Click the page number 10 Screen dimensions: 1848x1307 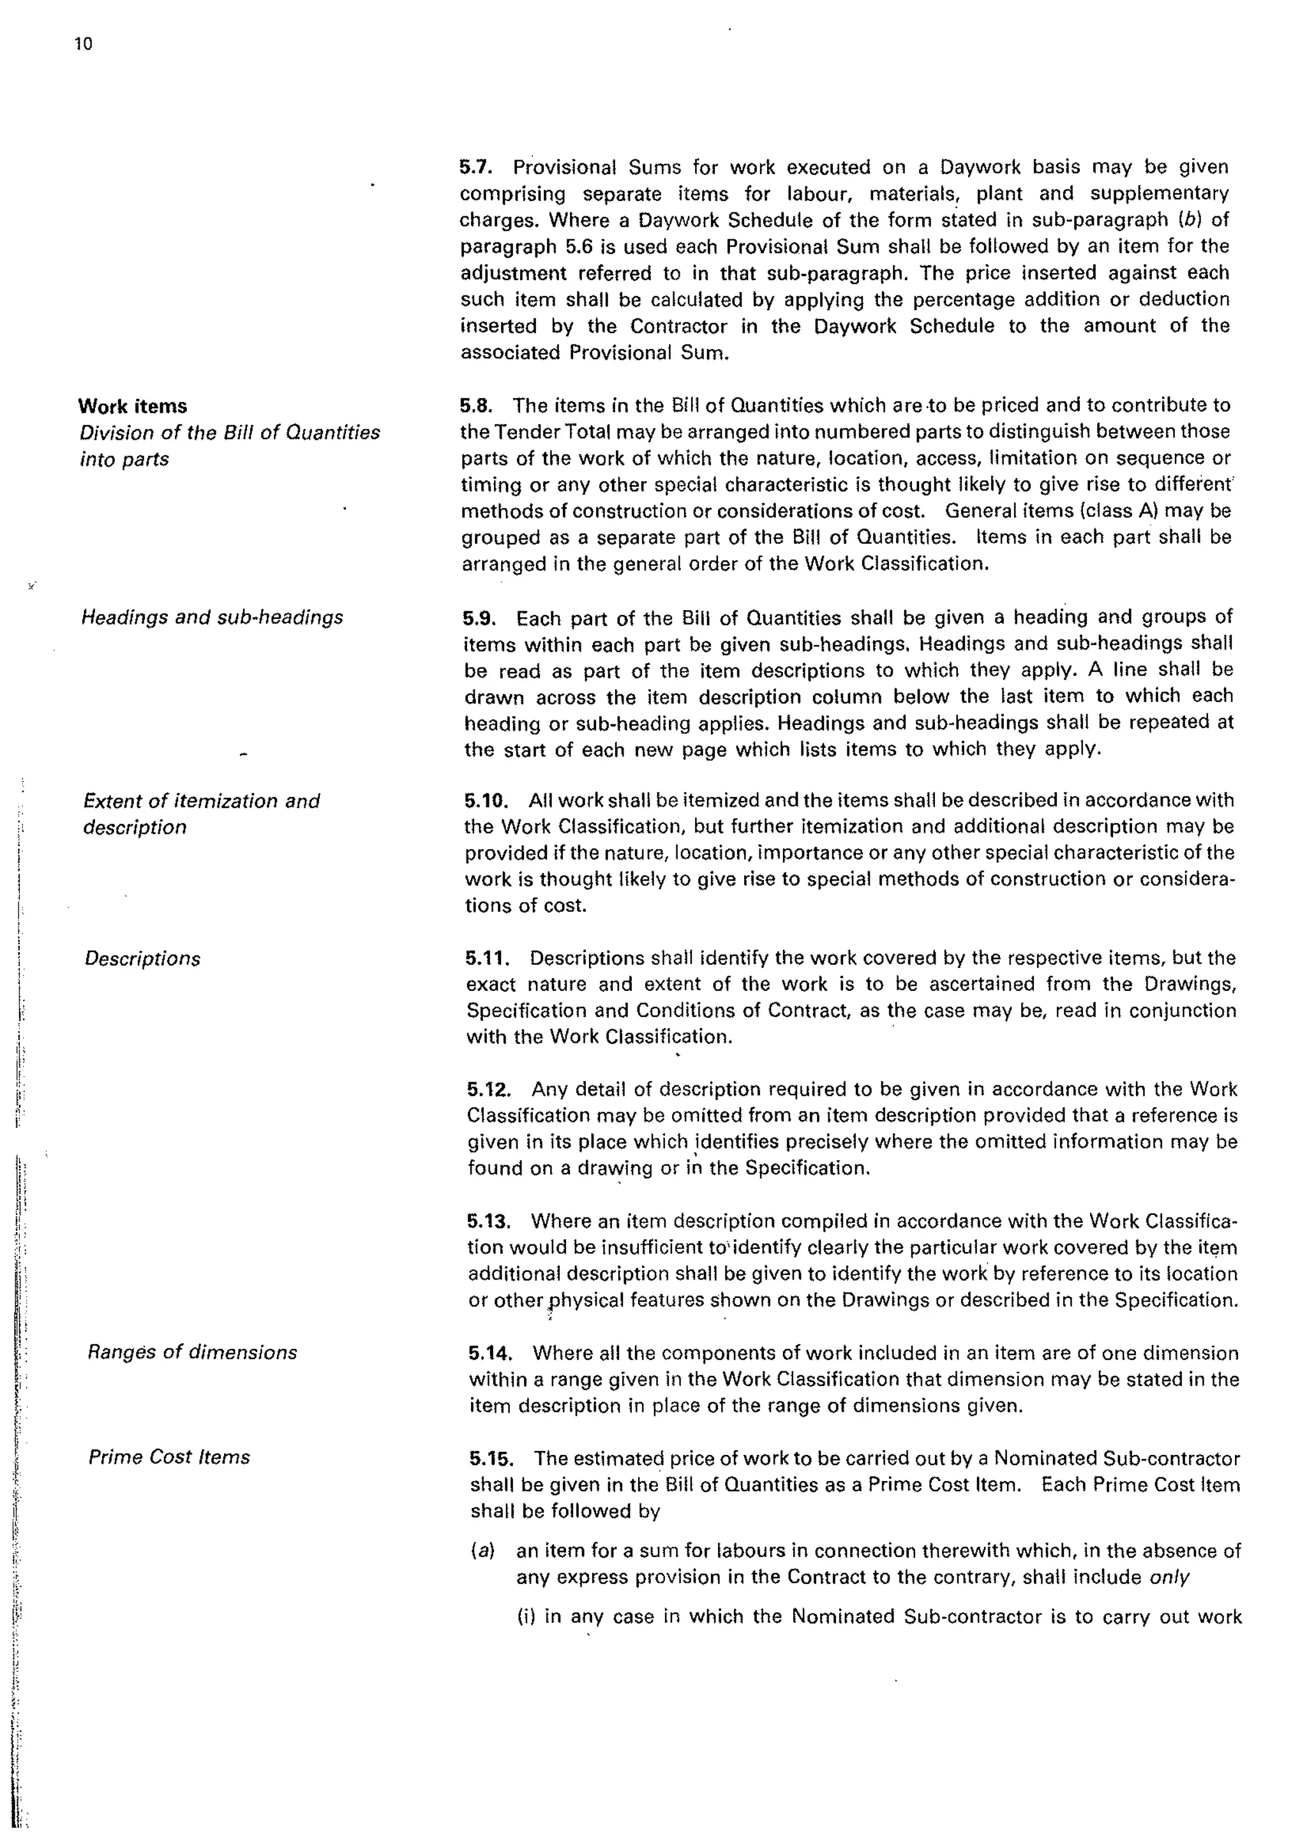click(x=84, y=44)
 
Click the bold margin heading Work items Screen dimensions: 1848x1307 click(x=133, y=406)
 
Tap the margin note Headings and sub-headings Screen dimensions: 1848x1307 click(x=213, y=617)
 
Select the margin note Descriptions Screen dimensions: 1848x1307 click(x=142, y=958)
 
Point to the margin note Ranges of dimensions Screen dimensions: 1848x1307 click(x=192, y=1352)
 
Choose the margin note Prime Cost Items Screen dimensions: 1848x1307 click(x=169, y=1457)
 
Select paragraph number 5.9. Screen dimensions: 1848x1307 click(x=484, y=618)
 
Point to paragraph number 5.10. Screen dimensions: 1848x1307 click(x=488, y=801)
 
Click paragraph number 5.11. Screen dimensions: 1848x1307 click(x=488, y=958)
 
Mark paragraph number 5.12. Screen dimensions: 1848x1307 click(x=489, y=1090)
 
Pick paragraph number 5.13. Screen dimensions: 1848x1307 click(x=490, y=1222)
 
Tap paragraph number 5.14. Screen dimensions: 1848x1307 click(x=491, y=1353)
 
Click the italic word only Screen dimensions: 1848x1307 click(x=1169, y=1577)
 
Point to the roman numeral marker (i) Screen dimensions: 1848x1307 click(x=527, y=1616)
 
